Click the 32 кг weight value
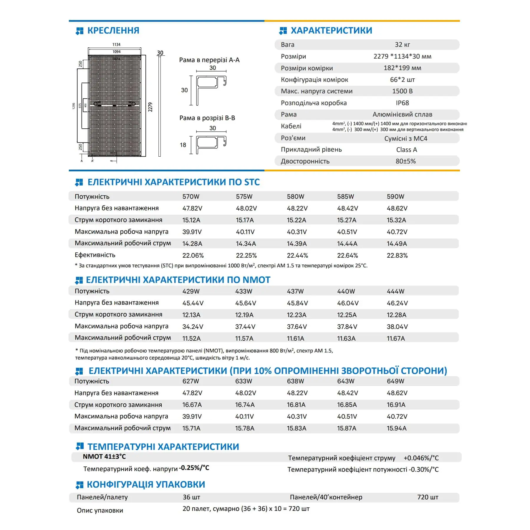tap(402, 45)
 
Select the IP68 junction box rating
tap(402, 103)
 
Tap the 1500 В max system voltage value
tap(402, 91)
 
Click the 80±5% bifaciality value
tap(405, 161)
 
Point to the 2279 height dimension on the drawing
tap(150, 107)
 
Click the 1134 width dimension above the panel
tap(116, 44)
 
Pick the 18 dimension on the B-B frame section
tap(183, 145)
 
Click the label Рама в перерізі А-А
tap(209, 60)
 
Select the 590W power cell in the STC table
tap(395, 197)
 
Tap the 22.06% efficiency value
tap(193, 256)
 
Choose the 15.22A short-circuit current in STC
tap(297, 220)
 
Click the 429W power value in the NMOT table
tap(191, 291)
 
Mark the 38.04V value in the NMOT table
tap(397, 327)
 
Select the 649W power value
tap(395, 381)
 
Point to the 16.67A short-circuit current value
tap(192, 405)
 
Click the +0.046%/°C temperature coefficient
tap(421, 458)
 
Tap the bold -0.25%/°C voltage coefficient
tap(194, 468)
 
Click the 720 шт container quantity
tap(428, 497)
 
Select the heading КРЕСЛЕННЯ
tap(113, 31)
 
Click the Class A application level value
tap(406, 150)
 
